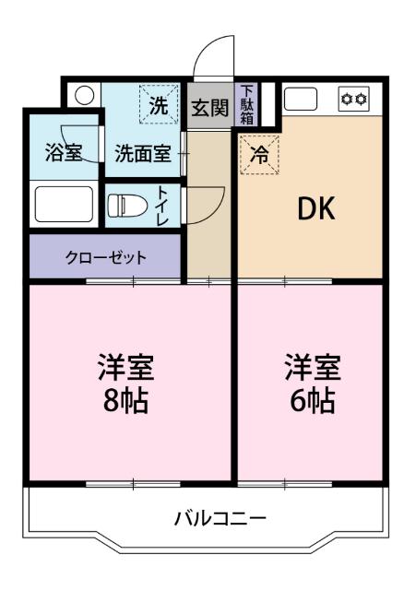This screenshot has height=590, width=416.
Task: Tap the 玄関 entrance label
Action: (x=209, y=107)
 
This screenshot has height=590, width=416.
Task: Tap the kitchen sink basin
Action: (x=301, y=98)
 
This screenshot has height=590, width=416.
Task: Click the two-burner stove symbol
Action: (x=355, y=98)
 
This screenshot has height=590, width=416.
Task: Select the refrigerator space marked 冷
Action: (x=259, y=155)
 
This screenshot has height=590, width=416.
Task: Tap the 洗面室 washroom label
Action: (x=142, y=153)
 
